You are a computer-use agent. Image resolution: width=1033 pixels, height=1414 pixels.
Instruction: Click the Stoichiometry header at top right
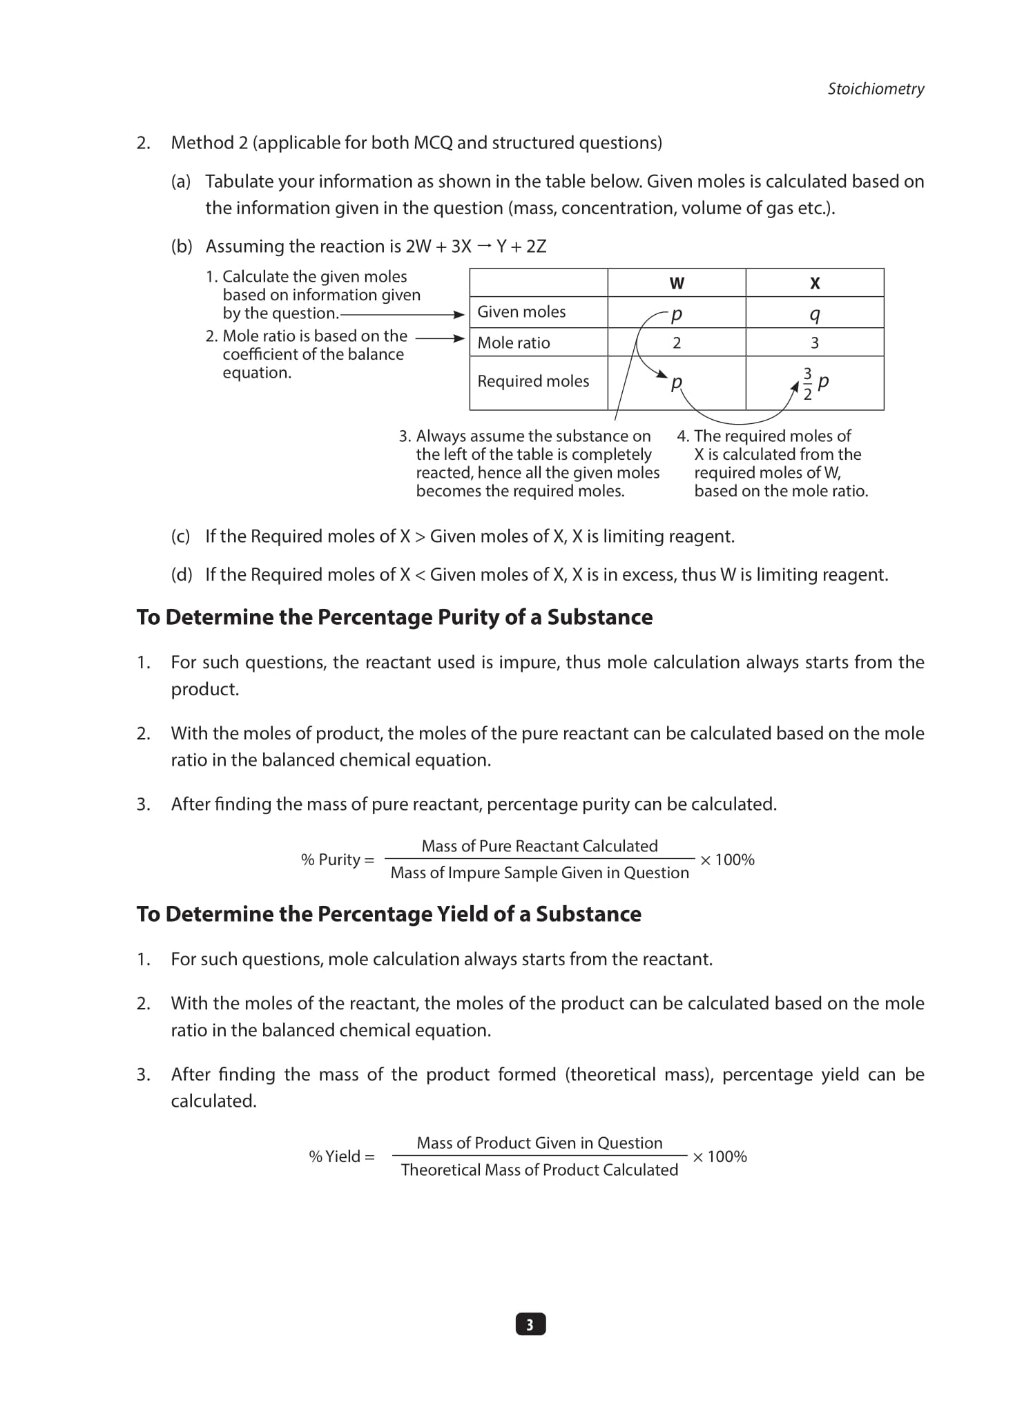(876, 88)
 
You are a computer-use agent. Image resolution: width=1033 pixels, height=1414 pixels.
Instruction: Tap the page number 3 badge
(530, 1324)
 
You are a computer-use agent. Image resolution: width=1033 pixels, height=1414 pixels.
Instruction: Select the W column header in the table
(676, 283)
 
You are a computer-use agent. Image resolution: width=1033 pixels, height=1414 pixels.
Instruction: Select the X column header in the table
(814, 283)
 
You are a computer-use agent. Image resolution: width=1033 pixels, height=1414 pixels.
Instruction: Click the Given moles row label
(521, 312)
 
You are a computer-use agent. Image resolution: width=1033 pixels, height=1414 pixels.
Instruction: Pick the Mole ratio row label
(514, 342)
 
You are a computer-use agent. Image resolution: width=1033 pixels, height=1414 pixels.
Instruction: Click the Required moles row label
(533, 381)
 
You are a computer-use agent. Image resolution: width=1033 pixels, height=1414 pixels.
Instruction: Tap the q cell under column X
(814, 314)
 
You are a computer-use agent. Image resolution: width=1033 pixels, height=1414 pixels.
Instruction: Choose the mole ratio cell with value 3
(814, 342)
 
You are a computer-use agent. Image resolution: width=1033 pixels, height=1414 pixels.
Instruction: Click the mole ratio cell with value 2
(676, 342)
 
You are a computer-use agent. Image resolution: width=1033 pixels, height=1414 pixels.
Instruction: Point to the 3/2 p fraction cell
(814, 382)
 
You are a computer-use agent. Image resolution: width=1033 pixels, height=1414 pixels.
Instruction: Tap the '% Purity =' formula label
(337, 860)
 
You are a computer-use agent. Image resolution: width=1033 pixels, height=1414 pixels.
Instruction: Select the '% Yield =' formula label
(341, 1156)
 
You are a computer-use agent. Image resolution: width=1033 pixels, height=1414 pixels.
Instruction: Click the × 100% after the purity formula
(727, 860)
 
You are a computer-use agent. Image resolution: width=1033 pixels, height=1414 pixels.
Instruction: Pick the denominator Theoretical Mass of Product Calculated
(539, 1170)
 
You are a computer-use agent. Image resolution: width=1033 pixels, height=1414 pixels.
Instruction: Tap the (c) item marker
(180, 536)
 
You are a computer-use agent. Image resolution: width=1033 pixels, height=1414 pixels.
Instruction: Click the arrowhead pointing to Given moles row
(459, 315)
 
